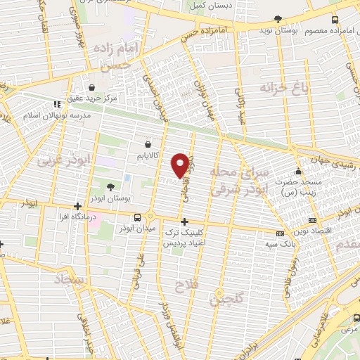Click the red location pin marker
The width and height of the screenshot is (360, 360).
click(180, 165)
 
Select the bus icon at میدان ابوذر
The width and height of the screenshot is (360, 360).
click(150, 217)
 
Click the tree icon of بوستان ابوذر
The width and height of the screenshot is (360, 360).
click(110, 186)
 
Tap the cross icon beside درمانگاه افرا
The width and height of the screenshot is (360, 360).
click(78, 207)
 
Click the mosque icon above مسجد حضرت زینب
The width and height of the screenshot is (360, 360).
click(298, 170)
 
